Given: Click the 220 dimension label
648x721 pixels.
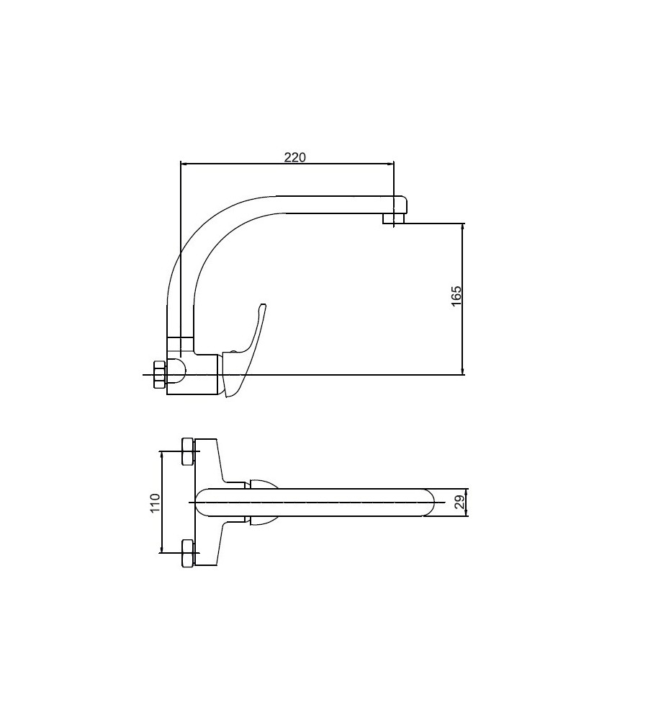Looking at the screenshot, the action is click(294, 157).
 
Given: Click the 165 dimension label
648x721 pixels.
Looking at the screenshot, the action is click(456, 296).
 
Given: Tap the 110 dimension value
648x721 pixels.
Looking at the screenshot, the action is click(156, 503).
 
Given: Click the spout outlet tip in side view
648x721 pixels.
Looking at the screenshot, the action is click(394, 218).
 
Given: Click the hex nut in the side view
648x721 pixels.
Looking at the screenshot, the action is click(159, 374).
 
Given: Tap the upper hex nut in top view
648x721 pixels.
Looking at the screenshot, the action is click(189, 451).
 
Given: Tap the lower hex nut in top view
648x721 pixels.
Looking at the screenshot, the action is click(189, 553).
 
